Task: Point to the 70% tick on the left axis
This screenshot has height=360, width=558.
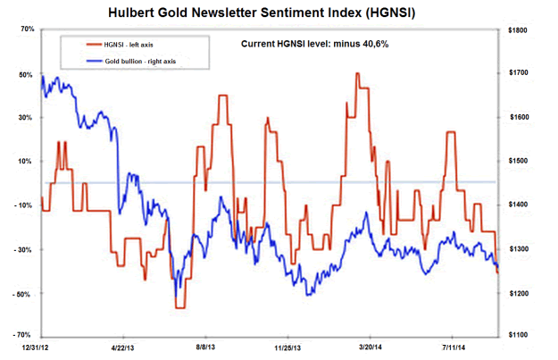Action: click(26, 29)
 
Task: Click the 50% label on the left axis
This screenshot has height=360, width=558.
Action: click(26, 74)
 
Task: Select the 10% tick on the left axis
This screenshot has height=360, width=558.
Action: click(26, 162)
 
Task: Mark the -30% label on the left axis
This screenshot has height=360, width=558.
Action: click(24, 250)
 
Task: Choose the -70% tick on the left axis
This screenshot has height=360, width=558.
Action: click(24, 334)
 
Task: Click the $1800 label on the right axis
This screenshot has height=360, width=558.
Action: click(520, 29)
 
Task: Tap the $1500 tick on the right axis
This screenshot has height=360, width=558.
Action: click(520, 162)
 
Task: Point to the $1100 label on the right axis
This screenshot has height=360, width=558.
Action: click(520, 335)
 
